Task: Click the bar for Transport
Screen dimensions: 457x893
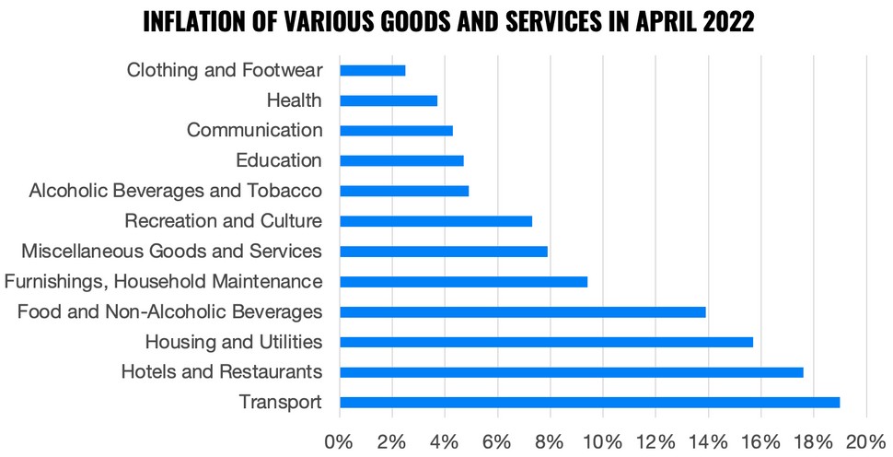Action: click(589, 403)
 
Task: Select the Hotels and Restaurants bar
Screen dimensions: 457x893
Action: click(571, 372)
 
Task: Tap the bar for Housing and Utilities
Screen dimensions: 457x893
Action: click(546, 342)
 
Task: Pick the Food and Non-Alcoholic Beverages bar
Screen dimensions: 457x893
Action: click(522, 311)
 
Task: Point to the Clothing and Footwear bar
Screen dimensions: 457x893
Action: click(372, 70)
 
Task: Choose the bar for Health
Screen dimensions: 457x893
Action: click(389, 100)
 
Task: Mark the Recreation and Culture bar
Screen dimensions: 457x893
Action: click(435, 221)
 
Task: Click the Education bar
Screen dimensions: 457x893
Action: click(401, 160)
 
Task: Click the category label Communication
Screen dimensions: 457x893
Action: click(254, 130)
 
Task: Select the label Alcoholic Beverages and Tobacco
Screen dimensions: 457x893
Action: click(175, 191)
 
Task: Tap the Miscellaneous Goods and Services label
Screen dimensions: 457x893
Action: click(171, 251)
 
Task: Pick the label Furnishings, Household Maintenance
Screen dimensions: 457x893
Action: click(163, 281)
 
